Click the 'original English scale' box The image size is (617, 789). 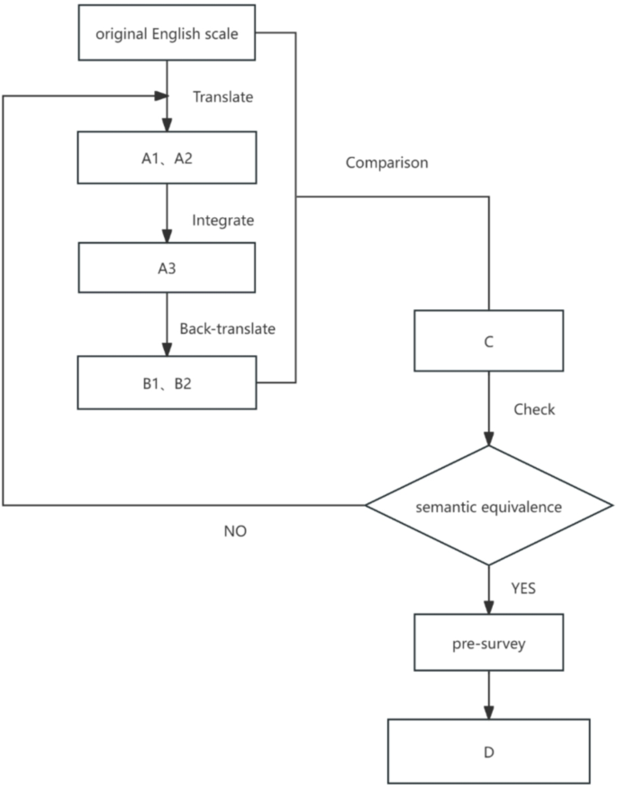pyautogui.click(x=167, y=33)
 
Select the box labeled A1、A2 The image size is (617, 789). pyautogui.click(x=167, y=157)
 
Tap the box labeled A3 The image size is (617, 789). pyautogui.click(x=167, y=268)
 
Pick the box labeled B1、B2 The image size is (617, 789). pyautogui.click(x=167, y=382)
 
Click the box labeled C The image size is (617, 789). pyautogui.click(x=488, y=341)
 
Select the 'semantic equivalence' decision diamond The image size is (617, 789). pyautogui.click(x=488, y=507)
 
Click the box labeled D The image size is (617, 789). pyautogui.click(x=488, y=750)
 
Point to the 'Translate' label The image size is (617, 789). pyautogui.click(x=222, y=96)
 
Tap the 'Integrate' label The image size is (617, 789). pyautogui.click(x=222, y=220)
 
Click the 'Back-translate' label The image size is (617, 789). pyautogui.click(x=227, y=329)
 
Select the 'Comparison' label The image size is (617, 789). pyautogui.click(x=386, y=163)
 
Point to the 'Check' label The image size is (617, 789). pyautogui.click(x=534, y=409)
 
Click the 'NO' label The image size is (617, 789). pyautogui.click(x=235, y=532)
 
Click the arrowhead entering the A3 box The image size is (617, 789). pyautogui.click(x=167, y=236)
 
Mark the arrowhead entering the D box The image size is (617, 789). pyautogui.click(x=488, y=712)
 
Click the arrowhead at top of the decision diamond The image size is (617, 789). pyautogui.click(x=488, y=439)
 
